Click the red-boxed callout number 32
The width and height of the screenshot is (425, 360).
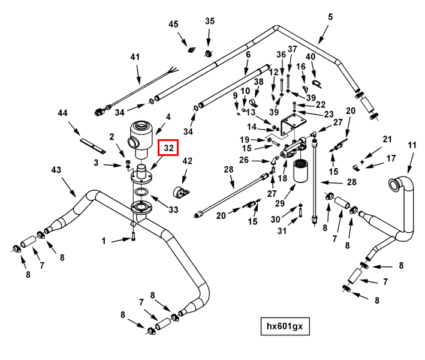pos(168,148)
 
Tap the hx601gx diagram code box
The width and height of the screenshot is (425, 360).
pos(285,326)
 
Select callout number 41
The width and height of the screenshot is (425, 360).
pos(135,57)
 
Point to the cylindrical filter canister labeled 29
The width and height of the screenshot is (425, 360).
pos(300,170)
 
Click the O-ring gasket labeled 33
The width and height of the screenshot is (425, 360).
pos(141,191)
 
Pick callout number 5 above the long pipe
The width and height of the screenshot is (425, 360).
pos(330,17)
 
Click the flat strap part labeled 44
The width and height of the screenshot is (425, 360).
pos(92,145)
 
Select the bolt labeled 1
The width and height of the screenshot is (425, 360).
pos(133,236)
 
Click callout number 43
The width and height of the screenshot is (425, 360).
pos(56,170)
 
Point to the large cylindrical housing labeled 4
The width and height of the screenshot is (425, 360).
pos(141,139)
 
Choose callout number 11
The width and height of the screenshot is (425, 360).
pos(412,145)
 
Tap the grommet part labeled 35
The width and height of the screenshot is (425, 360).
pos(209,53)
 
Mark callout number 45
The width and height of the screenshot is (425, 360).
pos(173,24)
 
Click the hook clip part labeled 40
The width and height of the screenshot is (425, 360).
pos(317,83)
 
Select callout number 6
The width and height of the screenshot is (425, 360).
pos(248,54)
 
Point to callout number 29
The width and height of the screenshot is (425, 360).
pos(280,203)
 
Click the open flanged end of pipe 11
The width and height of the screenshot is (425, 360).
pos(393,184)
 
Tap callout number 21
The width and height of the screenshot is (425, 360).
pos(387,139)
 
